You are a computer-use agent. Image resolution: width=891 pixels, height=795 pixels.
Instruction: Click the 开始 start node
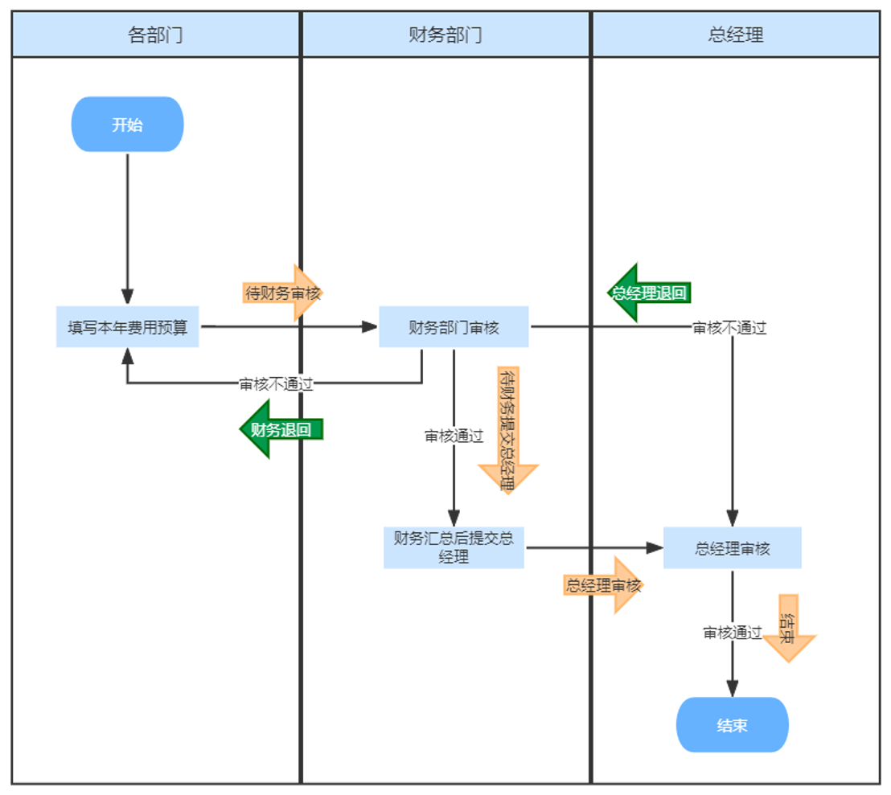click(127, 125)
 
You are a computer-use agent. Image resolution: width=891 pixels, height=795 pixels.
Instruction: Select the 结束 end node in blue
click(732, 725)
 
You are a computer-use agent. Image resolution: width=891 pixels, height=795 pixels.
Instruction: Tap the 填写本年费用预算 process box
click(127, 327)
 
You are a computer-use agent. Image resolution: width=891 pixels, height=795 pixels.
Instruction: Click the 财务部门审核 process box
click(454, 327)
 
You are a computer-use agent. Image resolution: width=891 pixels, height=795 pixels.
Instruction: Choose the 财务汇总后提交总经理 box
click(454, 547)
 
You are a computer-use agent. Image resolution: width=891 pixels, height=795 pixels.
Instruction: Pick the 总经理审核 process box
click(732, 548)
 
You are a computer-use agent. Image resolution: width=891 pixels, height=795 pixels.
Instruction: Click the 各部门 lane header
click(155, 35)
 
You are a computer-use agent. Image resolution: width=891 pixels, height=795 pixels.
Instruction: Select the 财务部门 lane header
click(445, 35)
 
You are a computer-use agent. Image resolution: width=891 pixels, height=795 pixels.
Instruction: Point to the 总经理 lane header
click(736, 35)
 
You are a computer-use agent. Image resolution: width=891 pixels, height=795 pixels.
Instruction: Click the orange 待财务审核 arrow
click(282, 293)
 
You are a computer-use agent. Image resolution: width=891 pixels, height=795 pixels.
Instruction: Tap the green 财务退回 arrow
click(281, 429)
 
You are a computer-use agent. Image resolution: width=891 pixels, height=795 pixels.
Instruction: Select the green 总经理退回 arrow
click(648, 293)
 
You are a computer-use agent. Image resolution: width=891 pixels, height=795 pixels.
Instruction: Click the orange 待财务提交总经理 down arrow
click(507, 430)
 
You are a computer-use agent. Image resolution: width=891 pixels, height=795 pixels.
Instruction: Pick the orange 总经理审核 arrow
click(604, 585)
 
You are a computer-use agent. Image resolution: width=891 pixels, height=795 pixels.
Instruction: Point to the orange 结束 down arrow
click(789, 628)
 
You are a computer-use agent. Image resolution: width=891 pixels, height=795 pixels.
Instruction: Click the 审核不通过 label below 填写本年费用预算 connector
click(276, 383)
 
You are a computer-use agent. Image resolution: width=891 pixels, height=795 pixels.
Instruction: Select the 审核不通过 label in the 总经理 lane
click(729, 328)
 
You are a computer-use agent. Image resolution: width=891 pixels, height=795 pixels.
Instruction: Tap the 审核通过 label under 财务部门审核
click(454, 436)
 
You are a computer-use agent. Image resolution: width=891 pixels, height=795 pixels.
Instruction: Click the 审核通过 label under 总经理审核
click(732, 633)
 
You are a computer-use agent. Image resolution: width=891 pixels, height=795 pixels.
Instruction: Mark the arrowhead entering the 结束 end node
click(732, 688)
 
